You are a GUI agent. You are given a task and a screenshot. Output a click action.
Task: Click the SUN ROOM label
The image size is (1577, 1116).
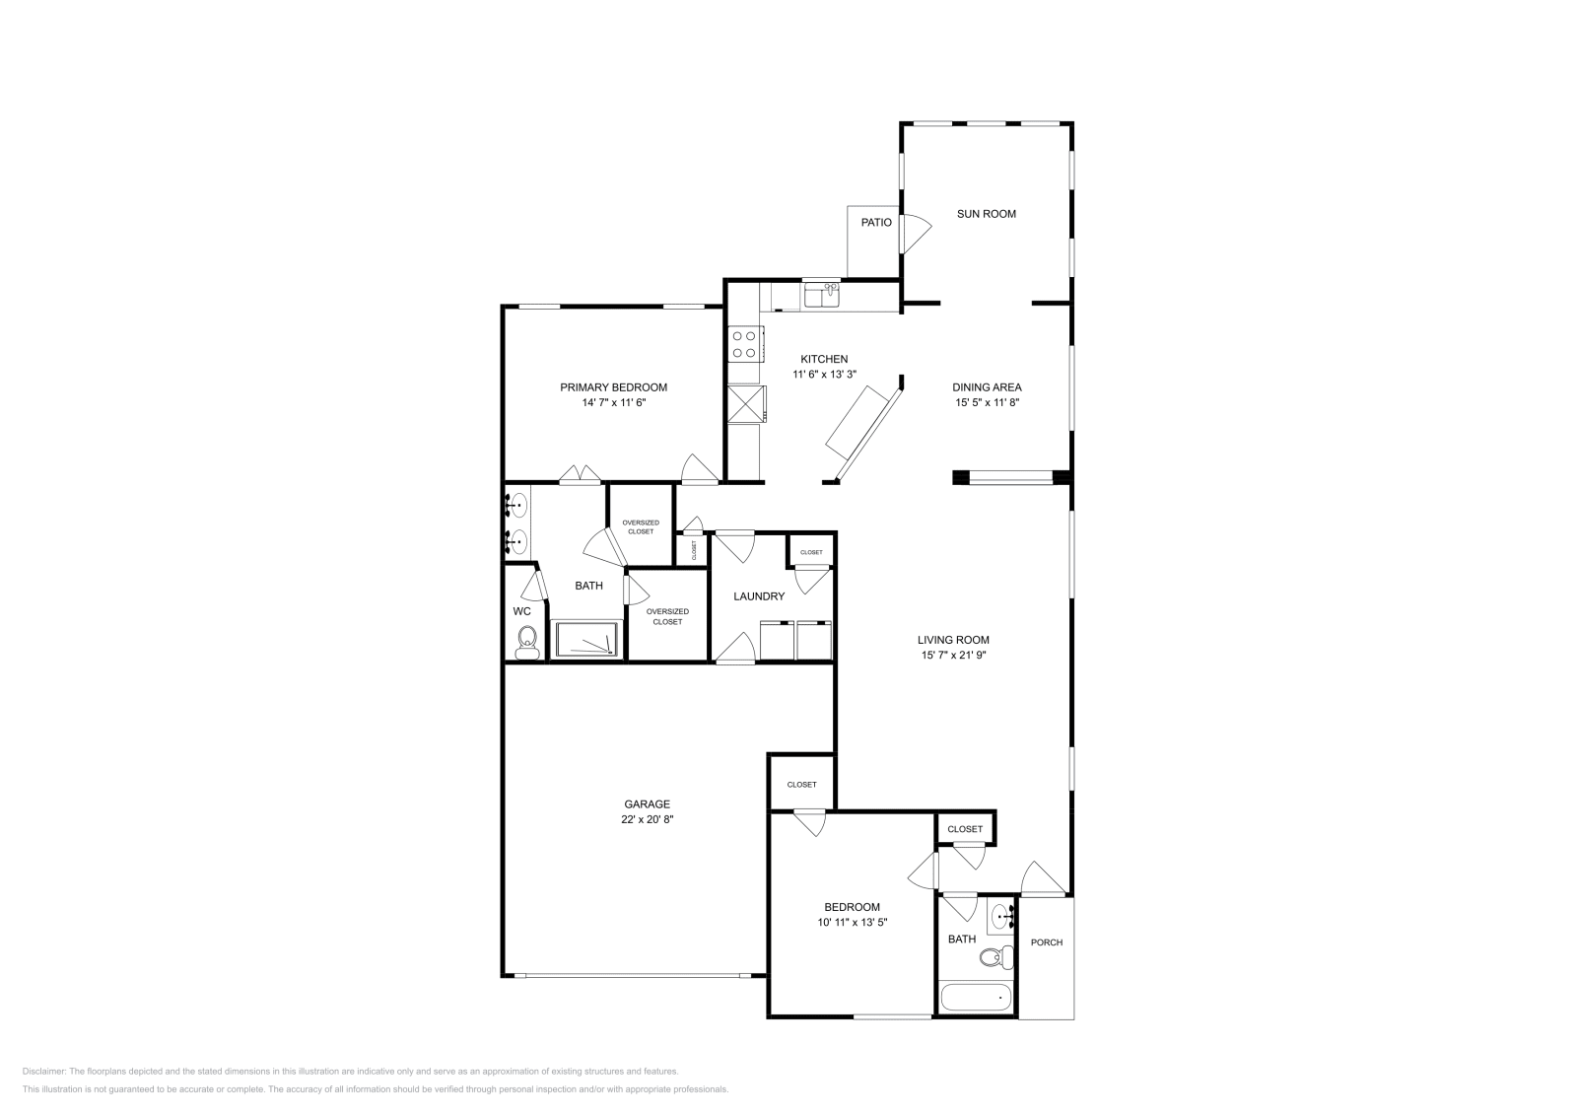(986, 214)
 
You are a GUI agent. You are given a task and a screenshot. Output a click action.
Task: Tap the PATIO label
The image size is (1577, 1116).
(876, 223)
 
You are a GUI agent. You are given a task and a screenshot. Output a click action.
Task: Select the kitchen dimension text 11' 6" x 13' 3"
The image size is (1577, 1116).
(824, 375)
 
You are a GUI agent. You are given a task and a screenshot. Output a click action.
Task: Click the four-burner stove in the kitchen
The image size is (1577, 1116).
(744, 344)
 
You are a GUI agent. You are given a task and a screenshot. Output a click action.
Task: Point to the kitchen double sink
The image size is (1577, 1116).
(821, 296)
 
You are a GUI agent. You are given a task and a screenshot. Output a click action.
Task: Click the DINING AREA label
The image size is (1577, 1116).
(987, 387)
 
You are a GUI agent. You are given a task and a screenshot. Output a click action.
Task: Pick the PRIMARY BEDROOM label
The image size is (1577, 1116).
(613, 387)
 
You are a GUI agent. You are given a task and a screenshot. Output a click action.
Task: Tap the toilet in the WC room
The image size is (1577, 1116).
(527, 643)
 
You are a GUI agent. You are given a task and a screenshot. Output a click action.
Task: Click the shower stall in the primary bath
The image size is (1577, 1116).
(586, 640)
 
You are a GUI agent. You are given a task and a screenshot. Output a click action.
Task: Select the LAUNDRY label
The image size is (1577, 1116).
(759, 596)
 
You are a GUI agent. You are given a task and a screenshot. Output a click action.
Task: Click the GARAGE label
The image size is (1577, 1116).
(647, 804)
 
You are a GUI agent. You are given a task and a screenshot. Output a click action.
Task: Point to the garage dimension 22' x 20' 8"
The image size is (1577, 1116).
(647, 819)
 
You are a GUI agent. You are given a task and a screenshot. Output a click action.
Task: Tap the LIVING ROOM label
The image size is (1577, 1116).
(954, 640)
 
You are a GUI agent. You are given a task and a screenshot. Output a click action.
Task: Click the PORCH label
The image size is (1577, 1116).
(1047, 942)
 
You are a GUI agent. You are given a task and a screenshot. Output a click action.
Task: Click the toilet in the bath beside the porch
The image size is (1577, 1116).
(1001, 954)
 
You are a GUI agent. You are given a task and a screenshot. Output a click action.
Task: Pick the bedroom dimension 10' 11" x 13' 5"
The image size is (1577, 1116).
(852, 923)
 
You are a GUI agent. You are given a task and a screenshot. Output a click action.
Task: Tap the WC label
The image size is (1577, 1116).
(521, 611)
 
